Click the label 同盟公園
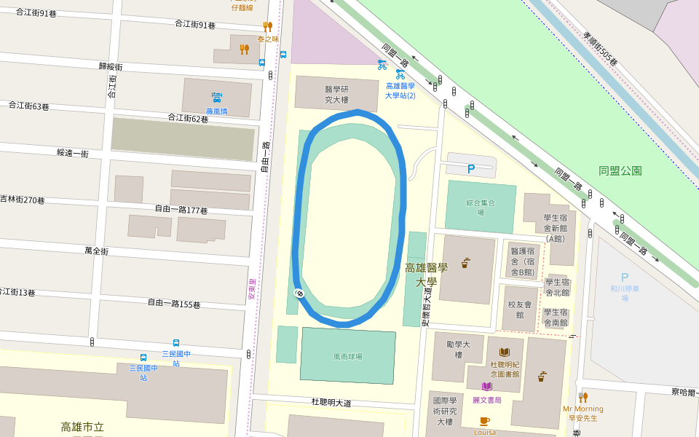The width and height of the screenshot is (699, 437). click(620, 170)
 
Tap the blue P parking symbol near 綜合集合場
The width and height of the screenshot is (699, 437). click(471, 168)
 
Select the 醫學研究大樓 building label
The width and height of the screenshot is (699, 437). click(336, 94)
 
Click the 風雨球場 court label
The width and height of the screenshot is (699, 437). click(347, 357)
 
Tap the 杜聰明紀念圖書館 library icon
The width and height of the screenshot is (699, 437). click(504, 351)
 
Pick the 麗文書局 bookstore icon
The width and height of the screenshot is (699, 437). click(486, 386)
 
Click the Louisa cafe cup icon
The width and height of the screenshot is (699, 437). click(484, 421)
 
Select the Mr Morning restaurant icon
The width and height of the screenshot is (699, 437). click(582, 397)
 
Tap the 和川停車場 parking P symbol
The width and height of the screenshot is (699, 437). click(623, 277)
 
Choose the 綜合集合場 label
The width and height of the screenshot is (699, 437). click(481, 208)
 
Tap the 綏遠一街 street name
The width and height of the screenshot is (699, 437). click(73, 153)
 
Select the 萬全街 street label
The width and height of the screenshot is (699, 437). click(96, 251)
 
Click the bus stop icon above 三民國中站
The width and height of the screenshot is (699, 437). click(175, 342)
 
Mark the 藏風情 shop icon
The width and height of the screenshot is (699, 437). click(216, 97)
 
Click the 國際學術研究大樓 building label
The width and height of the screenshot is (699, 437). click(445, 411)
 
